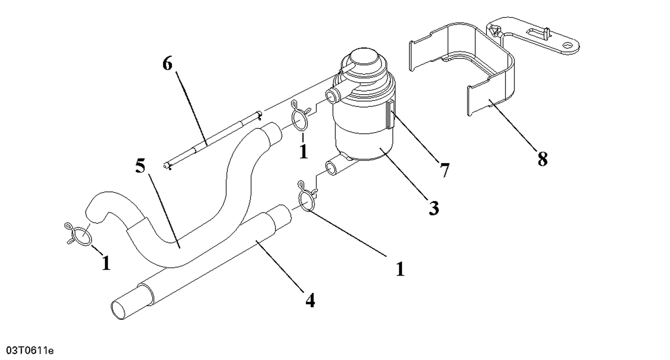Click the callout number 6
click(167, 64)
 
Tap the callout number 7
click(444, 170)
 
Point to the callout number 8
click(542, 159)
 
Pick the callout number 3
click(433, 208)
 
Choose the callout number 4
click(310, 301)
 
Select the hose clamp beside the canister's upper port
click(299, 118)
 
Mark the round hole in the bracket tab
click(568, 45)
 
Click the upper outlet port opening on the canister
click(332, 95)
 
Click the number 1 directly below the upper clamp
click(304, 152)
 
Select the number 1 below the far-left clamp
click(106, 263)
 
